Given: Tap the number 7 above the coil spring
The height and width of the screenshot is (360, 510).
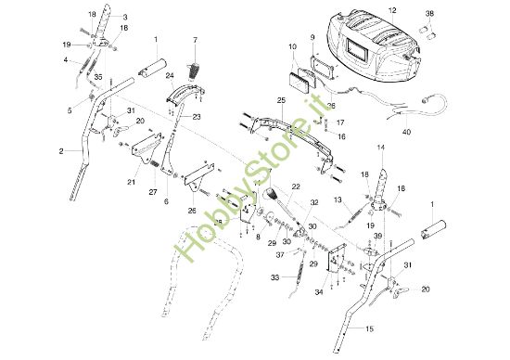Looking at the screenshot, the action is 196,40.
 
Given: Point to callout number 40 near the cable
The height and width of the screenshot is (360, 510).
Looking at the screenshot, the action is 407,133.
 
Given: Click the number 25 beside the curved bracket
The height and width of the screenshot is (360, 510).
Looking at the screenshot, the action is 281,99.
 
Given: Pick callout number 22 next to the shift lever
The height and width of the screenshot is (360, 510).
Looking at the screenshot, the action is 296,187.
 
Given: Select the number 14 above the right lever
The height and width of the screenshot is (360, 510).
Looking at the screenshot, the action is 380,148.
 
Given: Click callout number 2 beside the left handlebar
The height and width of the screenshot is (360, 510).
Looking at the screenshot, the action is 61,149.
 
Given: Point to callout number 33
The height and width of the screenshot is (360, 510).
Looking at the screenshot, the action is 274,276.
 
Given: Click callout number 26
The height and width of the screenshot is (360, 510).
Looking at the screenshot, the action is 192,210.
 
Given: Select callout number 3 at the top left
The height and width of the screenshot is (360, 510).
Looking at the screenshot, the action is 125,17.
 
